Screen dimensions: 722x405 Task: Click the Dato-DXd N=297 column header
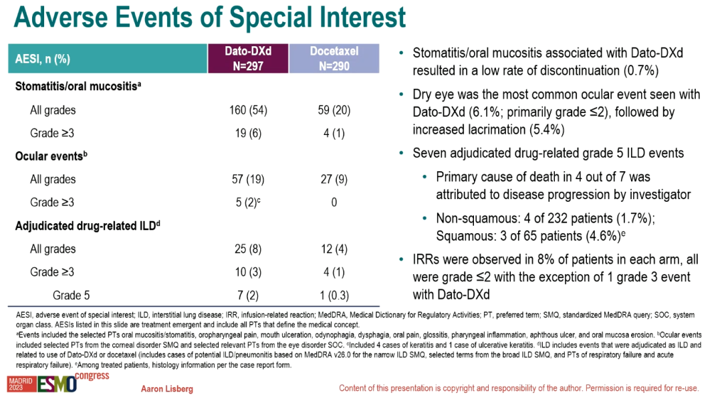coord(248,58)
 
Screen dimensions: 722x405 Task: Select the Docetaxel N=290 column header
coord(334,58)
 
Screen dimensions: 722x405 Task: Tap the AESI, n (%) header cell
coord(108,58)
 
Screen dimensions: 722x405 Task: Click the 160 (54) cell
coord(248,110)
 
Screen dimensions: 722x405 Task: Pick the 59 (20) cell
coord(334,110)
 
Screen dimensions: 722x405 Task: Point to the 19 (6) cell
coord(248,134)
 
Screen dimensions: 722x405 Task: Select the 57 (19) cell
coord(248,180)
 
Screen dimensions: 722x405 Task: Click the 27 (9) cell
coord(334,180)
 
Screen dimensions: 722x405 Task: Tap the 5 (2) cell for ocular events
coord(248,202)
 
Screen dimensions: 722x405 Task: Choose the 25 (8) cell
coord(248,249)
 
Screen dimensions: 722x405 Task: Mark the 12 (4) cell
coord(334,249)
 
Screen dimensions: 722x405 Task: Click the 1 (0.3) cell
coord(334,295)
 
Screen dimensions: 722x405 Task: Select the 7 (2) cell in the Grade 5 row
coord(248,295)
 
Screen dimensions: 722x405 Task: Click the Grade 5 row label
coord(72,295)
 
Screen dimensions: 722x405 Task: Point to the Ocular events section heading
coord(51,156)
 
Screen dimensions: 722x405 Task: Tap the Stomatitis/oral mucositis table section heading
coord(78,86)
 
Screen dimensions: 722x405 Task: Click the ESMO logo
coord(57,384)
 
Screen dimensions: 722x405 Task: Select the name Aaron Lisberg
coord(167,390)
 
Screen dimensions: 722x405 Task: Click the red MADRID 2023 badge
coord(21,384)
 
